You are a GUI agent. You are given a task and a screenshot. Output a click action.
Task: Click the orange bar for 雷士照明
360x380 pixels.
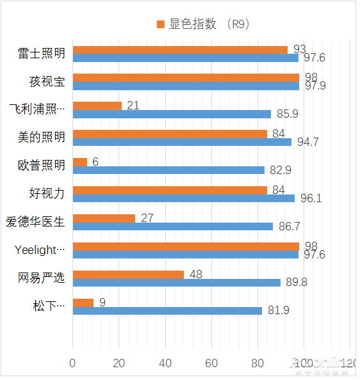180,50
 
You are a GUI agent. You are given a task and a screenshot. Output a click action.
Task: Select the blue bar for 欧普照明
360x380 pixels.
168,170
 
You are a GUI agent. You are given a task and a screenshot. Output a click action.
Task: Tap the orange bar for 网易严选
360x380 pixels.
128,274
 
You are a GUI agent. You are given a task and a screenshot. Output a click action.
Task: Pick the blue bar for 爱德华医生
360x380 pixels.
173,226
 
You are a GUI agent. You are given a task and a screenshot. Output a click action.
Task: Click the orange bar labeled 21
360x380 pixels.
97,106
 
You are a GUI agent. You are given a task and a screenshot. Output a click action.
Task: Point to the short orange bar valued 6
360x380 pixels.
80,162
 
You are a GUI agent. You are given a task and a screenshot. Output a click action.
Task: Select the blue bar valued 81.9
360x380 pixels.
167,311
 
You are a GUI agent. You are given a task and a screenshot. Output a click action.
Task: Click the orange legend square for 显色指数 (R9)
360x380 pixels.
161,24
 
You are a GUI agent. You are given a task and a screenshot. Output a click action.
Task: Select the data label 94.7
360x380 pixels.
307,142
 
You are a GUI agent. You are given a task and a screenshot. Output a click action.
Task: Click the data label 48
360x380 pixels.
195,274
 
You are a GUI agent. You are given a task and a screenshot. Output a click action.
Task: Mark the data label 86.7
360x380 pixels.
288,226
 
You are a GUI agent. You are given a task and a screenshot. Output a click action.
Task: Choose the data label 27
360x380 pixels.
147,218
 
